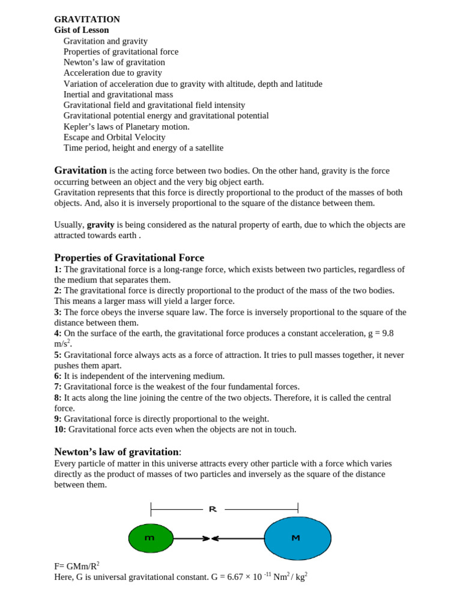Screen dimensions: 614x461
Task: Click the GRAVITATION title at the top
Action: [x=87, y=19]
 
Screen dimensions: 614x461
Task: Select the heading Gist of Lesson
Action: [x=82, y=30]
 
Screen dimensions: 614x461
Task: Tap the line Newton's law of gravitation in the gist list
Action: [x=114, y=62]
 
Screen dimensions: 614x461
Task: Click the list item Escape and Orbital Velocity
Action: [x=114, y=137]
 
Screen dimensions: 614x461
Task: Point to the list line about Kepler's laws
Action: [x=126, y=127]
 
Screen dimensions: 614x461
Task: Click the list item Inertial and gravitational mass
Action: [x=118, y=94]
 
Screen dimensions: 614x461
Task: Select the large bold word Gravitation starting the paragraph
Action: [x=80, y=170]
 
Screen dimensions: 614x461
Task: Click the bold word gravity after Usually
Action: [x=100, y=225]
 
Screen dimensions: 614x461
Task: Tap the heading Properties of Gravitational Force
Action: [x=129, y=258]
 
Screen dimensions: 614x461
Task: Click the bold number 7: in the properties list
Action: [x=58, y=387]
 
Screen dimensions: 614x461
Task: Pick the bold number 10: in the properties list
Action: [x=60, y=429]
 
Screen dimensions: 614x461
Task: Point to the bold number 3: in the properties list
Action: [x=58, y=312]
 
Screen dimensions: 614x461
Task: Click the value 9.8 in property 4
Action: [x=387, y=333]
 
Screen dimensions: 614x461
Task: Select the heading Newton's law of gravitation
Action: [x=116, y=452]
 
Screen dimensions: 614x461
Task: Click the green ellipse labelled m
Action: [x=151, y=538]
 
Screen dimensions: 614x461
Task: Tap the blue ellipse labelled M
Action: [x=297, y=538]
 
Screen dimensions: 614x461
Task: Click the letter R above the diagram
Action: [x=212, y=509]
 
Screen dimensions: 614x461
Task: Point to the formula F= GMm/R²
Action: [x=76, y=566]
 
